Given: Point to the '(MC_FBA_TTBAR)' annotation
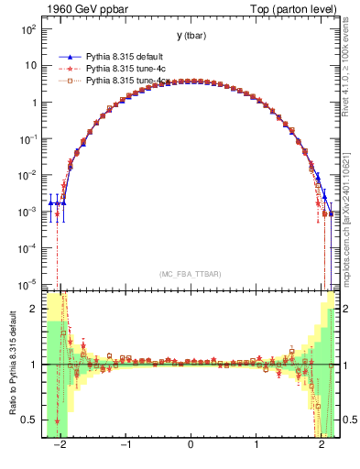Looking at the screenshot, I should click(191, 274).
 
